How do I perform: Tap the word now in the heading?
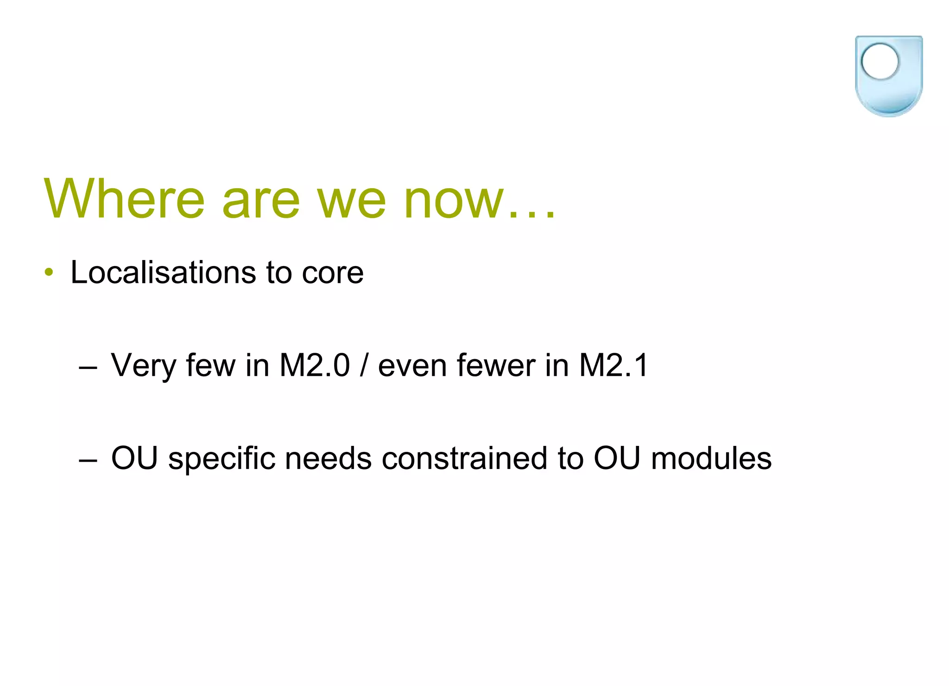454,200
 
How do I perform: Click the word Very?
143,366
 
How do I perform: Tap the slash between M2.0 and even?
364,366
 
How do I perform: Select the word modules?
711,458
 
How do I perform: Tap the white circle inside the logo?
880,61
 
